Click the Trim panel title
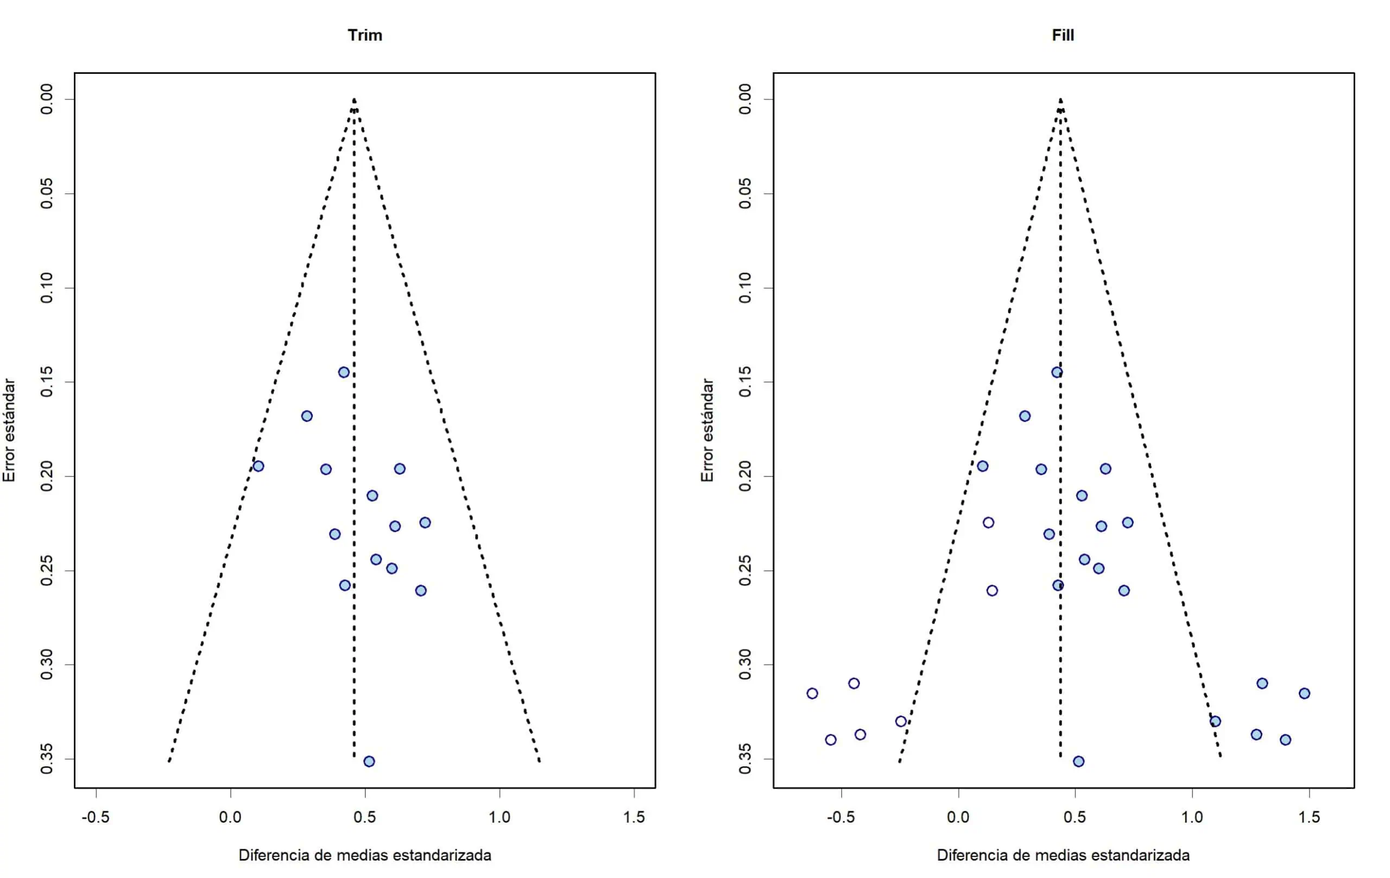[365, 35]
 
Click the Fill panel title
[1063, 35]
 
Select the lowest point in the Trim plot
[369, 761]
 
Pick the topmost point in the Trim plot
[344, 372]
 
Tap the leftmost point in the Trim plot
[258, 466]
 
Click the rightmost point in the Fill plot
[1305, 694]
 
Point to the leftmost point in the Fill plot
[812, 694]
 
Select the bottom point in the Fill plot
[1078, 761]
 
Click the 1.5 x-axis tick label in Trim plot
[634, 817]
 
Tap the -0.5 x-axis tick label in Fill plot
[841, 817]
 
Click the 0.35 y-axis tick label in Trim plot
[47, 759]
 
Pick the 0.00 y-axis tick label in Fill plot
[745, 99]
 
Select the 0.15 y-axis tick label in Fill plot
[745, 382]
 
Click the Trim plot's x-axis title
[365, 855]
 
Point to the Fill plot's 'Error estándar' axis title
[707, 430]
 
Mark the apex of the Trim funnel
[354, 100]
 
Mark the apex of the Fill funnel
[1060, 100]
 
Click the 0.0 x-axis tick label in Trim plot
[230, 817]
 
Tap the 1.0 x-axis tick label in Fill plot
[1192, 817]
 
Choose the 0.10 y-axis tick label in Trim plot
[47, 288]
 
